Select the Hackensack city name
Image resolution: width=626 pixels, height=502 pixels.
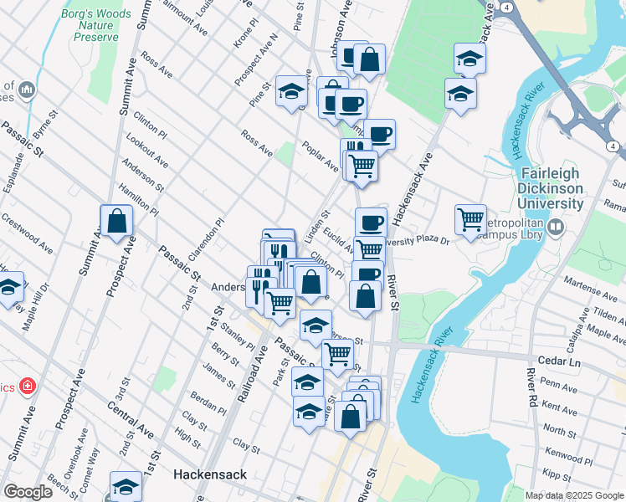click(210, 474)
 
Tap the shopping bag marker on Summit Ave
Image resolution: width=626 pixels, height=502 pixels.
click(116, 223)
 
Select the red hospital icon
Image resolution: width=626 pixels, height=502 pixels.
click(28, 387)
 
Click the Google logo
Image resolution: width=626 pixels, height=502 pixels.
click(28, 492)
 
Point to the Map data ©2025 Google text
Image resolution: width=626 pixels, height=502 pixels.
click(574, 495)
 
